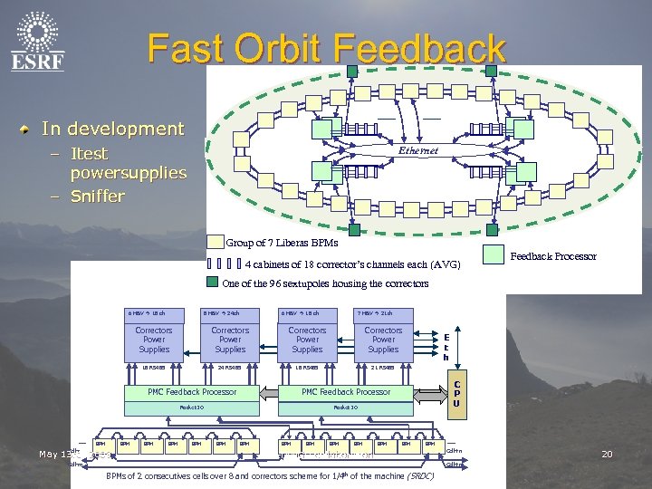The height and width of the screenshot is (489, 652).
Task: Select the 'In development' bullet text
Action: (x=112, y=129)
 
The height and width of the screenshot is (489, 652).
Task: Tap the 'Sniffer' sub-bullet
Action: (x=98, y=196)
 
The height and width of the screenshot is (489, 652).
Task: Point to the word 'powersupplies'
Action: (x=128, y=172)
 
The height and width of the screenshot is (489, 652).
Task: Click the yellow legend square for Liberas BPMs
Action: (x=215, y=242)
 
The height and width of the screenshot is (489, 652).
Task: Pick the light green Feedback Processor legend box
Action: (x=494, y=256)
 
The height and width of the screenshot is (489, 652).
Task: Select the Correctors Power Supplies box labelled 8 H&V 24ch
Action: (x=230, y=340)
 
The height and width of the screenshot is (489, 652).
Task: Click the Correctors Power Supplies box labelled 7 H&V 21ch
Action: (x=383, y=340)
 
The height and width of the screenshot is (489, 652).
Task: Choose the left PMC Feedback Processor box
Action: (x=192, y=392)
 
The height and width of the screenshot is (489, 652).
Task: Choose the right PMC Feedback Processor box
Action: (x=347, y=392)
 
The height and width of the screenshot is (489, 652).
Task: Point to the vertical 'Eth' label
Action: (x=446, y=346)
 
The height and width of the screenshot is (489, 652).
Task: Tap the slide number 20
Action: (x=608, y=453)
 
